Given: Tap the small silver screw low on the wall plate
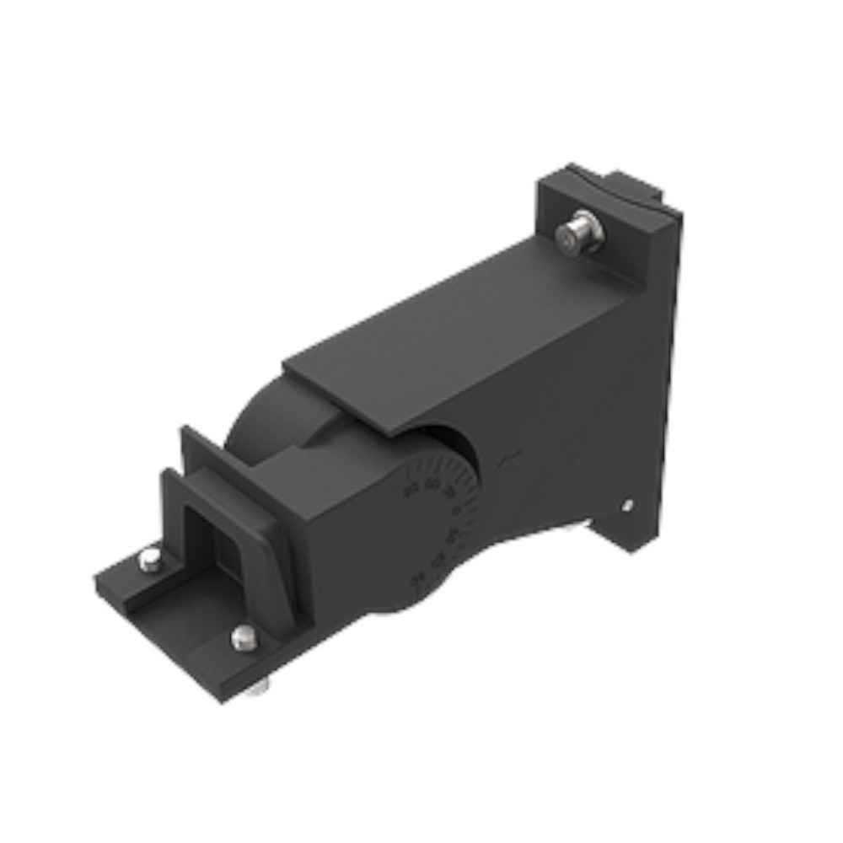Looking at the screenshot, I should click(x=627, y=505).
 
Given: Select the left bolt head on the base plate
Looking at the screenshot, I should click(x=149, y=559).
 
